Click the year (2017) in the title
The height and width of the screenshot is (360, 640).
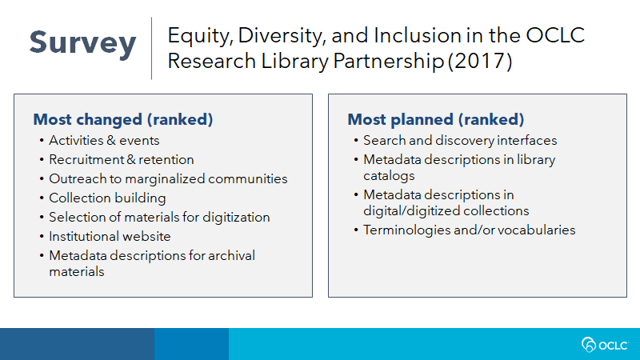click(479, 62)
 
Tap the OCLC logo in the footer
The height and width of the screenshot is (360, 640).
click(605, 345)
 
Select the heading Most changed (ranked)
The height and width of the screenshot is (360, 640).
click(123, 119)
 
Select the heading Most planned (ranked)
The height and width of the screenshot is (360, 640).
click(435, 119)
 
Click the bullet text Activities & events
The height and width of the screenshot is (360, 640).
click(104, 141)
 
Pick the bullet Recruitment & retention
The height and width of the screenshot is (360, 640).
click(122, 159)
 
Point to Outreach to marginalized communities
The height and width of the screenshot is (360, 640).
click(168, 178)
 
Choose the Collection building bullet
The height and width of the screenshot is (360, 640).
click(107, 198)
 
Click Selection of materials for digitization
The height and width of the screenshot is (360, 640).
click(159, 217)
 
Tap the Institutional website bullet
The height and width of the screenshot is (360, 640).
click(110, 236)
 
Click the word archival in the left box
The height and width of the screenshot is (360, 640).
click(231, 255)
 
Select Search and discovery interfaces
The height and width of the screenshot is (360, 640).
click(460, 141)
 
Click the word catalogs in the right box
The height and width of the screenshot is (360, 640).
click(389, 176)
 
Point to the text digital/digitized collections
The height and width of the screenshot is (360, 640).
click(446, 211)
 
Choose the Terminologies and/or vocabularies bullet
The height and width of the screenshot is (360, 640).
click(470, 230)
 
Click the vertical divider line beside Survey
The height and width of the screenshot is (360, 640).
click(151, 48)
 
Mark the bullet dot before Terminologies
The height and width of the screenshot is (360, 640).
click(356, 230)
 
